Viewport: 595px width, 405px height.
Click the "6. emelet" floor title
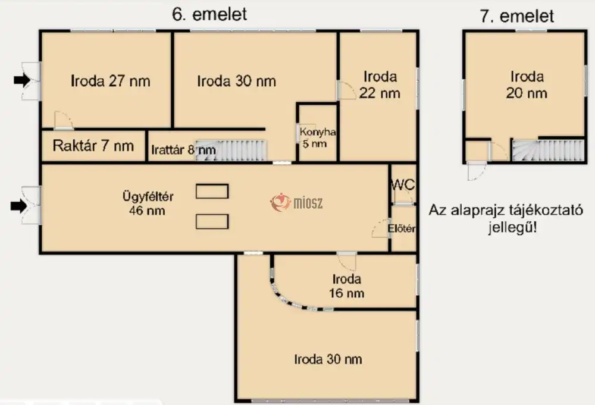pyautogui.click(x=209, y=14)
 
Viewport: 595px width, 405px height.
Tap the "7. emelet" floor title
pyautogui.click(x=517, y=16)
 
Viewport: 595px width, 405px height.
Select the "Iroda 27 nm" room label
pyautogui.click(x=111, y=81)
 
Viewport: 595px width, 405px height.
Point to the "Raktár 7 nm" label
pyautogui.click(x=93, y=146)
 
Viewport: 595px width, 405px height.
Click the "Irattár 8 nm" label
pyautogui.click(x=183, y=150)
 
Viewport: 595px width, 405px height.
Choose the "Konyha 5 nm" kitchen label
pyautogui.click(x=317, y=137)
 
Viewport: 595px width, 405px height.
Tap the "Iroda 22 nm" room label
pyautogui.click(x=380, y=84)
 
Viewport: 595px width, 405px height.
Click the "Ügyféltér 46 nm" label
pyautogui.click(x=147, y=203)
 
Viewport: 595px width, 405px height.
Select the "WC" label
pyautogui.click(x=403, y=185)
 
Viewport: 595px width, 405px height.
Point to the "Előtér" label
pyautogui.click(x=402, y=228)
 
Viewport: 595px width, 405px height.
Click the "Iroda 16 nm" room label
pyautogui.click(x=346, y=286)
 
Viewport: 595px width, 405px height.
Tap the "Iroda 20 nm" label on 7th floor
pyautogui.click(x=527, y=85)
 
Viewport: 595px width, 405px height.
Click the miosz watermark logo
pyautogui.click(x=296, y=202)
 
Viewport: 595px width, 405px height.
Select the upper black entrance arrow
pyautogui.click(x=21, y=80)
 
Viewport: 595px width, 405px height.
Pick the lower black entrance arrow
pyautogui.click(x=18, y=206)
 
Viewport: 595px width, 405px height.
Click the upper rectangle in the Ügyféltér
pyautogui.click(x=212, y=191)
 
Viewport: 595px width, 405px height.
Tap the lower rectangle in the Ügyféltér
pyautogui.click(x=212, y=221)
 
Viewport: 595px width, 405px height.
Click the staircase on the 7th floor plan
pyautogui.click(x=549, y=150)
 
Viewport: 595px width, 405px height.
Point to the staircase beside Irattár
pyautogui.click(x=231, y=150)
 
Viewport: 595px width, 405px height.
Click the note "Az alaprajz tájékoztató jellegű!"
pyautogui.click(x=506, y=219)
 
